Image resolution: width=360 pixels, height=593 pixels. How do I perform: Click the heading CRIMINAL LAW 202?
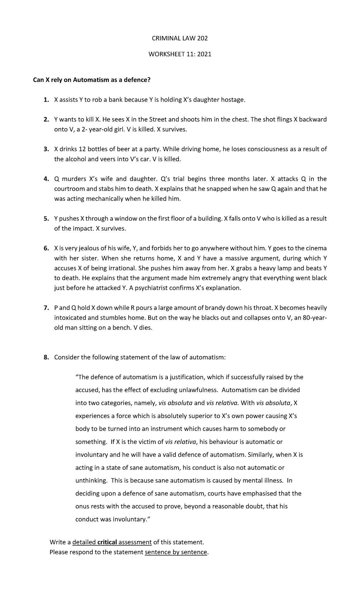[180, 38]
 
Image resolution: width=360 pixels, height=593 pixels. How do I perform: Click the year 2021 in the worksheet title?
[203, 54]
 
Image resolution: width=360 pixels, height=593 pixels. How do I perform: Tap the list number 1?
[45, 100]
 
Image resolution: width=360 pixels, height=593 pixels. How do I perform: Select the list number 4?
[46, 179]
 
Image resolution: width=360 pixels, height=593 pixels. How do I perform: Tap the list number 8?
[46, 357]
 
